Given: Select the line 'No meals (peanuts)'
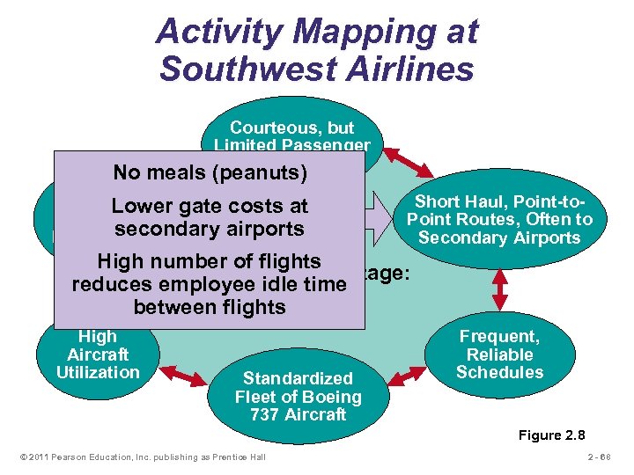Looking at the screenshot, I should [x=209, y=172].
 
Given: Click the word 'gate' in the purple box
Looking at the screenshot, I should [x=199, y=207].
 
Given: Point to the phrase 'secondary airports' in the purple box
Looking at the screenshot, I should [x=209, y=229].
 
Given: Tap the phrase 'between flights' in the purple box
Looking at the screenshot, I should [x=209, y=307].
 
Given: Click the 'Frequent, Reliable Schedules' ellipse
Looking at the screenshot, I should [x=499, y=354].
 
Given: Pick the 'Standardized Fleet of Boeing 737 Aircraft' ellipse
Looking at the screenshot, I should [x=298, y=395].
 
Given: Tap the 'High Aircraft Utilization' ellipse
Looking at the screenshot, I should [x=98, y=354].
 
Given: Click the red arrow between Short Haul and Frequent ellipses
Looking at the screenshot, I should [x=500, y=283].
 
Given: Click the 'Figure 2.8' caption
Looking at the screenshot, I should [x=552, y=435].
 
